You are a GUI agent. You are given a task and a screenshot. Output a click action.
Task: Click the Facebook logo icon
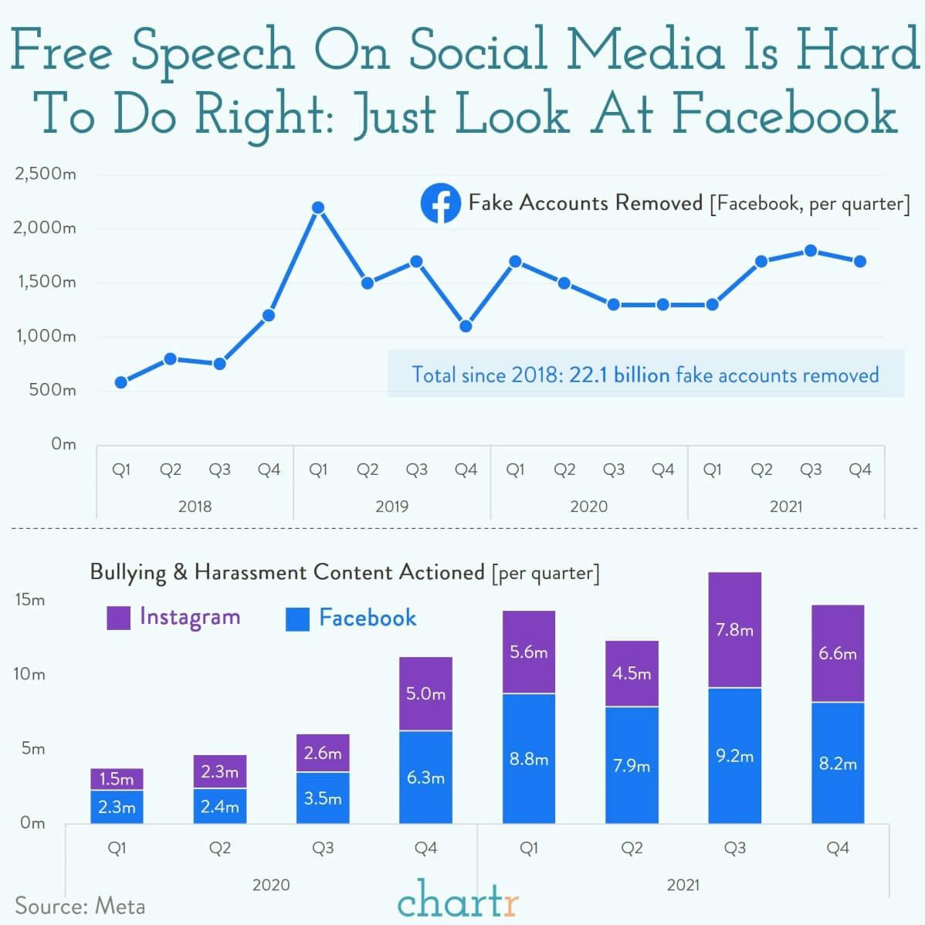coord(440,204)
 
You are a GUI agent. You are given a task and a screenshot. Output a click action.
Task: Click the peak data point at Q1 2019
coord(317,208)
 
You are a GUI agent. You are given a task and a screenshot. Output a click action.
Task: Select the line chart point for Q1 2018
coord(120,382)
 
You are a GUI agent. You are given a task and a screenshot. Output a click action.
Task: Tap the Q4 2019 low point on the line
coord(466,326)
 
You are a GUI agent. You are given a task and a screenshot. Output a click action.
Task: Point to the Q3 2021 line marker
coord(811,251)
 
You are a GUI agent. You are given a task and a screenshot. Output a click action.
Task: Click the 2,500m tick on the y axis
coord(46,174)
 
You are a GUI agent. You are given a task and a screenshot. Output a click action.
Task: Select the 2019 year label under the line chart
coord(391,507)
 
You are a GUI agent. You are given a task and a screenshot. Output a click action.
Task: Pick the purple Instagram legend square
coord(118,618)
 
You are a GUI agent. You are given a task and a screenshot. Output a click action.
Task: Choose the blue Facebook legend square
coord(297,618)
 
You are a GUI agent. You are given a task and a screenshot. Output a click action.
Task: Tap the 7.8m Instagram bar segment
coord(734,630)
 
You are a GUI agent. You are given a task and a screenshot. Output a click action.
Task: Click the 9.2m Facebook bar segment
coord(734,756)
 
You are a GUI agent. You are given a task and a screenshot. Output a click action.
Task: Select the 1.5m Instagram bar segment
coord(117,779)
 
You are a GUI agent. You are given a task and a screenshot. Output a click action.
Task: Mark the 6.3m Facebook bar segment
coord(425,778)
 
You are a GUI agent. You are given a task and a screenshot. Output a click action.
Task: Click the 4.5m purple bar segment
coord(632,673)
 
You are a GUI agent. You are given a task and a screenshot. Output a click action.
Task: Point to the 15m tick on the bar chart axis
coord(30,600)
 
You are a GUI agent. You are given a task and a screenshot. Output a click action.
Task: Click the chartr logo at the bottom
coord(458,900)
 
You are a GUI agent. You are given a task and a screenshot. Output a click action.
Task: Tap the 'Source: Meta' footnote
coord(80,906)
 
